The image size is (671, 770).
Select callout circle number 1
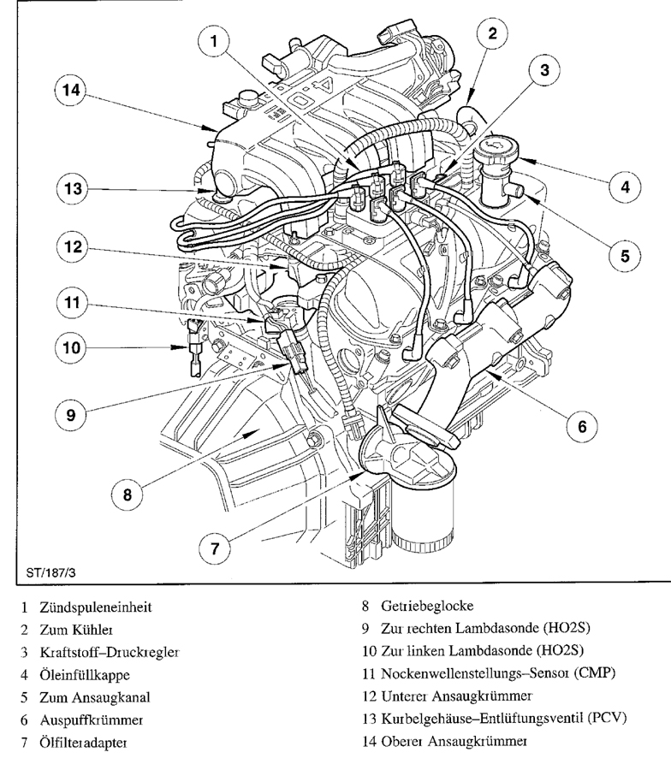click(x=217, y=40)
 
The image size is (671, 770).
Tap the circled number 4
click(x=626, y=186)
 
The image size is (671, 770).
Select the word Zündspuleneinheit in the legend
click(x=95, y=608)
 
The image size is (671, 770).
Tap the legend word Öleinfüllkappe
click(x=84, y=675)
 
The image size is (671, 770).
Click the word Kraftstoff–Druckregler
click(x=109, y=653)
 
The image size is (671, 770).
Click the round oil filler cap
click(x=495, y=157)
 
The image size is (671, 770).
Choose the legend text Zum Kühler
click(x=72, y=631)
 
